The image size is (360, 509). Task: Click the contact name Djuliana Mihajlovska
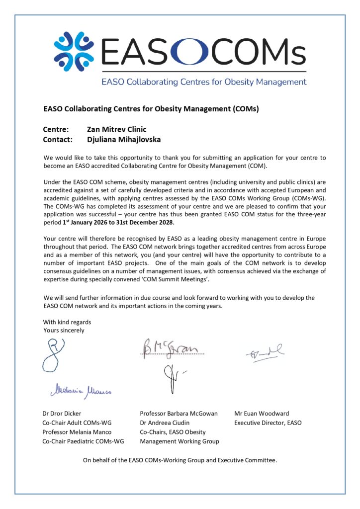[x=123, y=140]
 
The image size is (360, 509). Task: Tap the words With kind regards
[x=67, y=322]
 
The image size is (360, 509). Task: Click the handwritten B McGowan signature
[x=171, y=349]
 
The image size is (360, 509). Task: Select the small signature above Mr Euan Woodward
[x=264, y=353]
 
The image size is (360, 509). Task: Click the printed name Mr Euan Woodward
[x=262, y=414]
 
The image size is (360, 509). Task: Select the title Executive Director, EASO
[x=268, y=423]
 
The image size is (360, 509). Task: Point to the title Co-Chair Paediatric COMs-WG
[x=83, y=441]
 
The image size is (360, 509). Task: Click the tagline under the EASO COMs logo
[x=204, y=82]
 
